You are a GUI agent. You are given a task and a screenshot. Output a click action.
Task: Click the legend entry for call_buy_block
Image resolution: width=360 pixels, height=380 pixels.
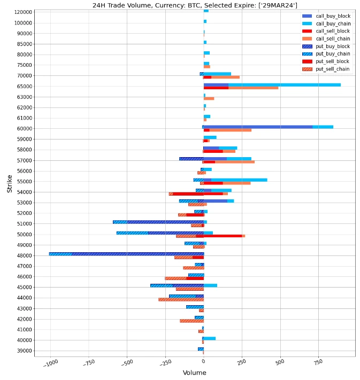tap(332, 16)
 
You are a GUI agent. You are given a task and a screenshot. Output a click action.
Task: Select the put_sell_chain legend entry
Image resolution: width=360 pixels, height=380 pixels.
tap(333, 69)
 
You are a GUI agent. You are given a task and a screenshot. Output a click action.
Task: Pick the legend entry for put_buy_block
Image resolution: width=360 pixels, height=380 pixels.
tap(333, 46)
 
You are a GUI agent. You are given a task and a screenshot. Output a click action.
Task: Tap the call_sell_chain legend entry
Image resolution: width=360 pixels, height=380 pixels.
tap(333, 38)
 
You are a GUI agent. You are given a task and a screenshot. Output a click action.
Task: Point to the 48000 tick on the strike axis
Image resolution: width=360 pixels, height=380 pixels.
tap(24, 255)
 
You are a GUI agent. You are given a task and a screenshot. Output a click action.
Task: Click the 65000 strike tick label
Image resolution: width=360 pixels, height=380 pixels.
tap(24, 87)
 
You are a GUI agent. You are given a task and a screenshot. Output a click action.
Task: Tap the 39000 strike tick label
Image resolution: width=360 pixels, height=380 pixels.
tap(24, 351)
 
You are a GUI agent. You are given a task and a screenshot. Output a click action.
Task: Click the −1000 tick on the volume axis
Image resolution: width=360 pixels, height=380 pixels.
tap(50, 364)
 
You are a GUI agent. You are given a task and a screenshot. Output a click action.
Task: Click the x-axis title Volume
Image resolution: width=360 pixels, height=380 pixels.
tap(194, 373)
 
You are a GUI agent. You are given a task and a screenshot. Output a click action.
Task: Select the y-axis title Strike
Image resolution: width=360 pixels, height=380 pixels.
tap(9, 183)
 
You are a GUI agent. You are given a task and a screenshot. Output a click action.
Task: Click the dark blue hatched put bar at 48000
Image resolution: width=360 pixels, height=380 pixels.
tap(137, 254)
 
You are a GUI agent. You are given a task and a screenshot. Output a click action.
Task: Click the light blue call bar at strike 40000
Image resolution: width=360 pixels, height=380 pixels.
tap(210, 338)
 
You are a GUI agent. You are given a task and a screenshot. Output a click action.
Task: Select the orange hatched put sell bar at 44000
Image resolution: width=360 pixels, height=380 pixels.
tap(181, 299)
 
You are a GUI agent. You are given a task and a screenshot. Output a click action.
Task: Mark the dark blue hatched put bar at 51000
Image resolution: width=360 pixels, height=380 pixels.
tap(165, 222)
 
